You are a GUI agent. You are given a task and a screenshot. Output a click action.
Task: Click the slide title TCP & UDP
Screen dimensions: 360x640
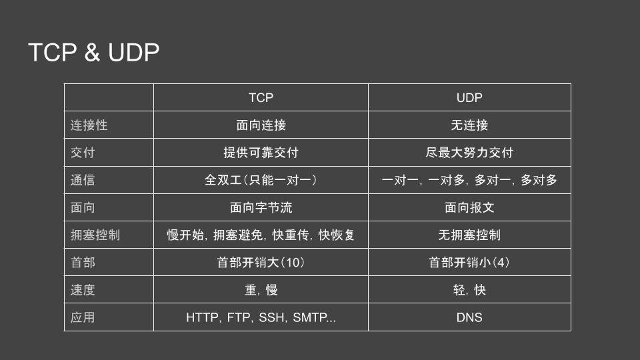[x=94, y=53]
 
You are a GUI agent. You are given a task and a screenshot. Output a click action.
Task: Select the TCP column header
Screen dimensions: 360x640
[x=261, y=97]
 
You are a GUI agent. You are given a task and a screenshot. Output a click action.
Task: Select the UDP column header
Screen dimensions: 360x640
[x=469, y=97]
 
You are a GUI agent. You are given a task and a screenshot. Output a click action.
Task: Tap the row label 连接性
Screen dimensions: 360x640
[x=89, y=125]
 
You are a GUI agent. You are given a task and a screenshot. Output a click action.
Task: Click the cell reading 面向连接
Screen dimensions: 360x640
[x=261, y=125]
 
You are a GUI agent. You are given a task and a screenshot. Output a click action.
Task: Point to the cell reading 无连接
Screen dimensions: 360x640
[x=469, y=125]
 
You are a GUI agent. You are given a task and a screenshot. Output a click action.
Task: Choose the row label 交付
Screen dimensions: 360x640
[x=83, y=153]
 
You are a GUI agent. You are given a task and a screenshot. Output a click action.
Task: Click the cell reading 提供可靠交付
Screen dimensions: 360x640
[x=261, y=153]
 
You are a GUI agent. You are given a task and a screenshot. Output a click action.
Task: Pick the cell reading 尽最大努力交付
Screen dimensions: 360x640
[x=469, y=153]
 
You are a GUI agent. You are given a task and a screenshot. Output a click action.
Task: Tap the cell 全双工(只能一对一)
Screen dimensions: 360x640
[x=261, y=180]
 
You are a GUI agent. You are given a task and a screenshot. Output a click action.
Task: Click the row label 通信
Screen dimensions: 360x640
[x=83, y=180]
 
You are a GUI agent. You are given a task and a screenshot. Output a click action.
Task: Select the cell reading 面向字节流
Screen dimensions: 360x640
[x=261, y=207]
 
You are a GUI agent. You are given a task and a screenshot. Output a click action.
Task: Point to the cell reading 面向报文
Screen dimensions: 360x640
[x=469, y=207]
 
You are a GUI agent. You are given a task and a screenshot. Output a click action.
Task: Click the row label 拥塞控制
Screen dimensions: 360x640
[x=95, y=235]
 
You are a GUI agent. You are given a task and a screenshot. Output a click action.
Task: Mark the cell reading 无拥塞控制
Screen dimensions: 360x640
[x=469, y=235]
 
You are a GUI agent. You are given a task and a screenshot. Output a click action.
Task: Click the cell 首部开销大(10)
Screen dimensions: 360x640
[x=261, y=263]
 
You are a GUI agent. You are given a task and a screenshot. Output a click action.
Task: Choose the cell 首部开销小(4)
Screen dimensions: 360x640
[x=469, y=263]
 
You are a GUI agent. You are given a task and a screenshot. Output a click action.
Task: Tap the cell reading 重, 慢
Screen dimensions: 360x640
[x=261, y=290]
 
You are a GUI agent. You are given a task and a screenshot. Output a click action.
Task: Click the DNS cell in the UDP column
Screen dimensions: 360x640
[x=469, y=318]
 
